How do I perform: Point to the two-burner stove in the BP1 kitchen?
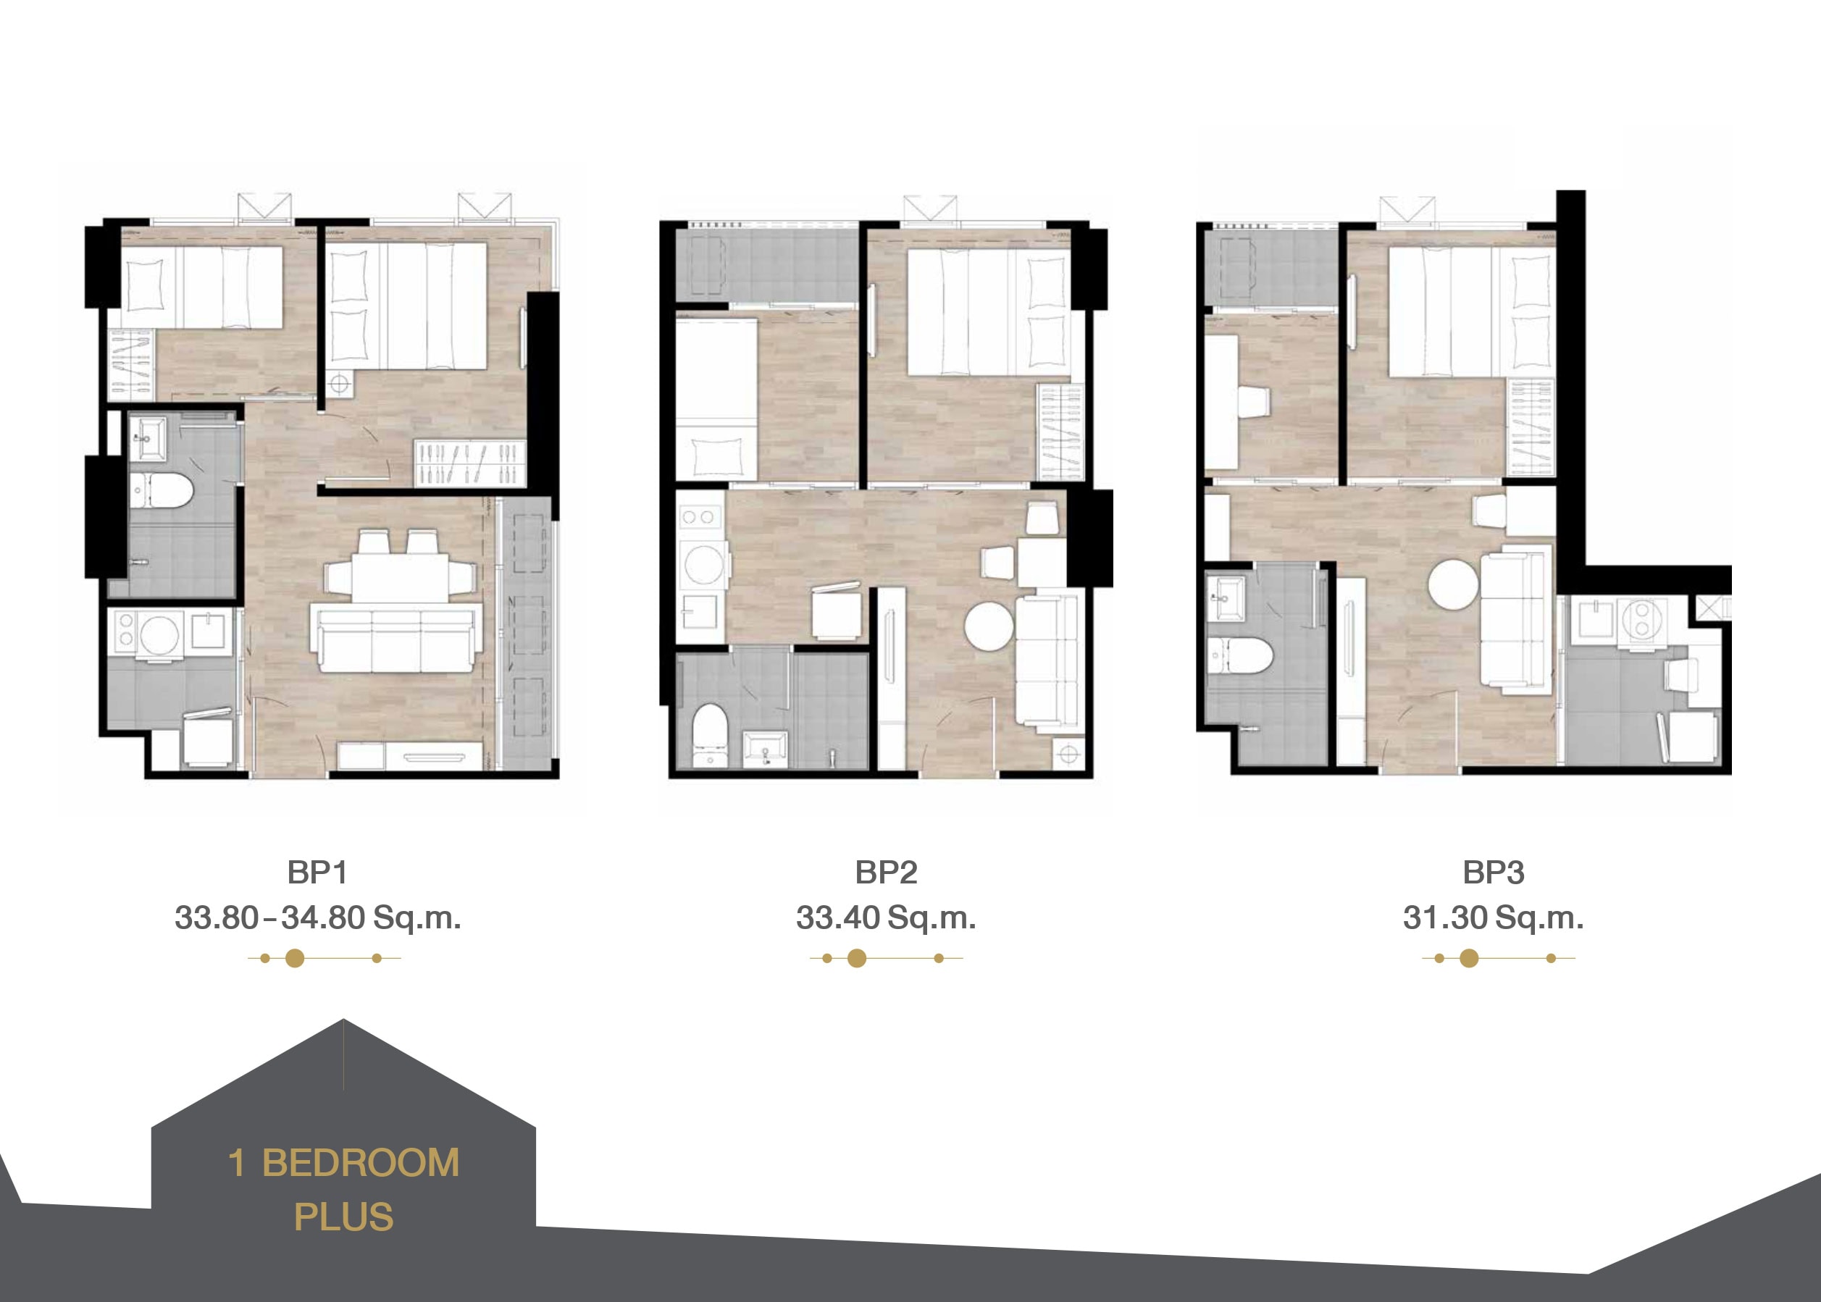pos(126,629)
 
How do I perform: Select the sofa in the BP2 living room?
pos(1047,661)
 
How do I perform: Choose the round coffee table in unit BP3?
pos(1453,584)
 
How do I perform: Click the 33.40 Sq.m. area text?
pos(886,917)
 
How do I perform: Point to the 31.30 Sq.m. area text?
pos(1493,917)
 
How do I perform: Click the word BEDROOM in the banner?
pos(361,1163)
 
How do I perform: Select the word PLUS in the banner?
pos(343,1217)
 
